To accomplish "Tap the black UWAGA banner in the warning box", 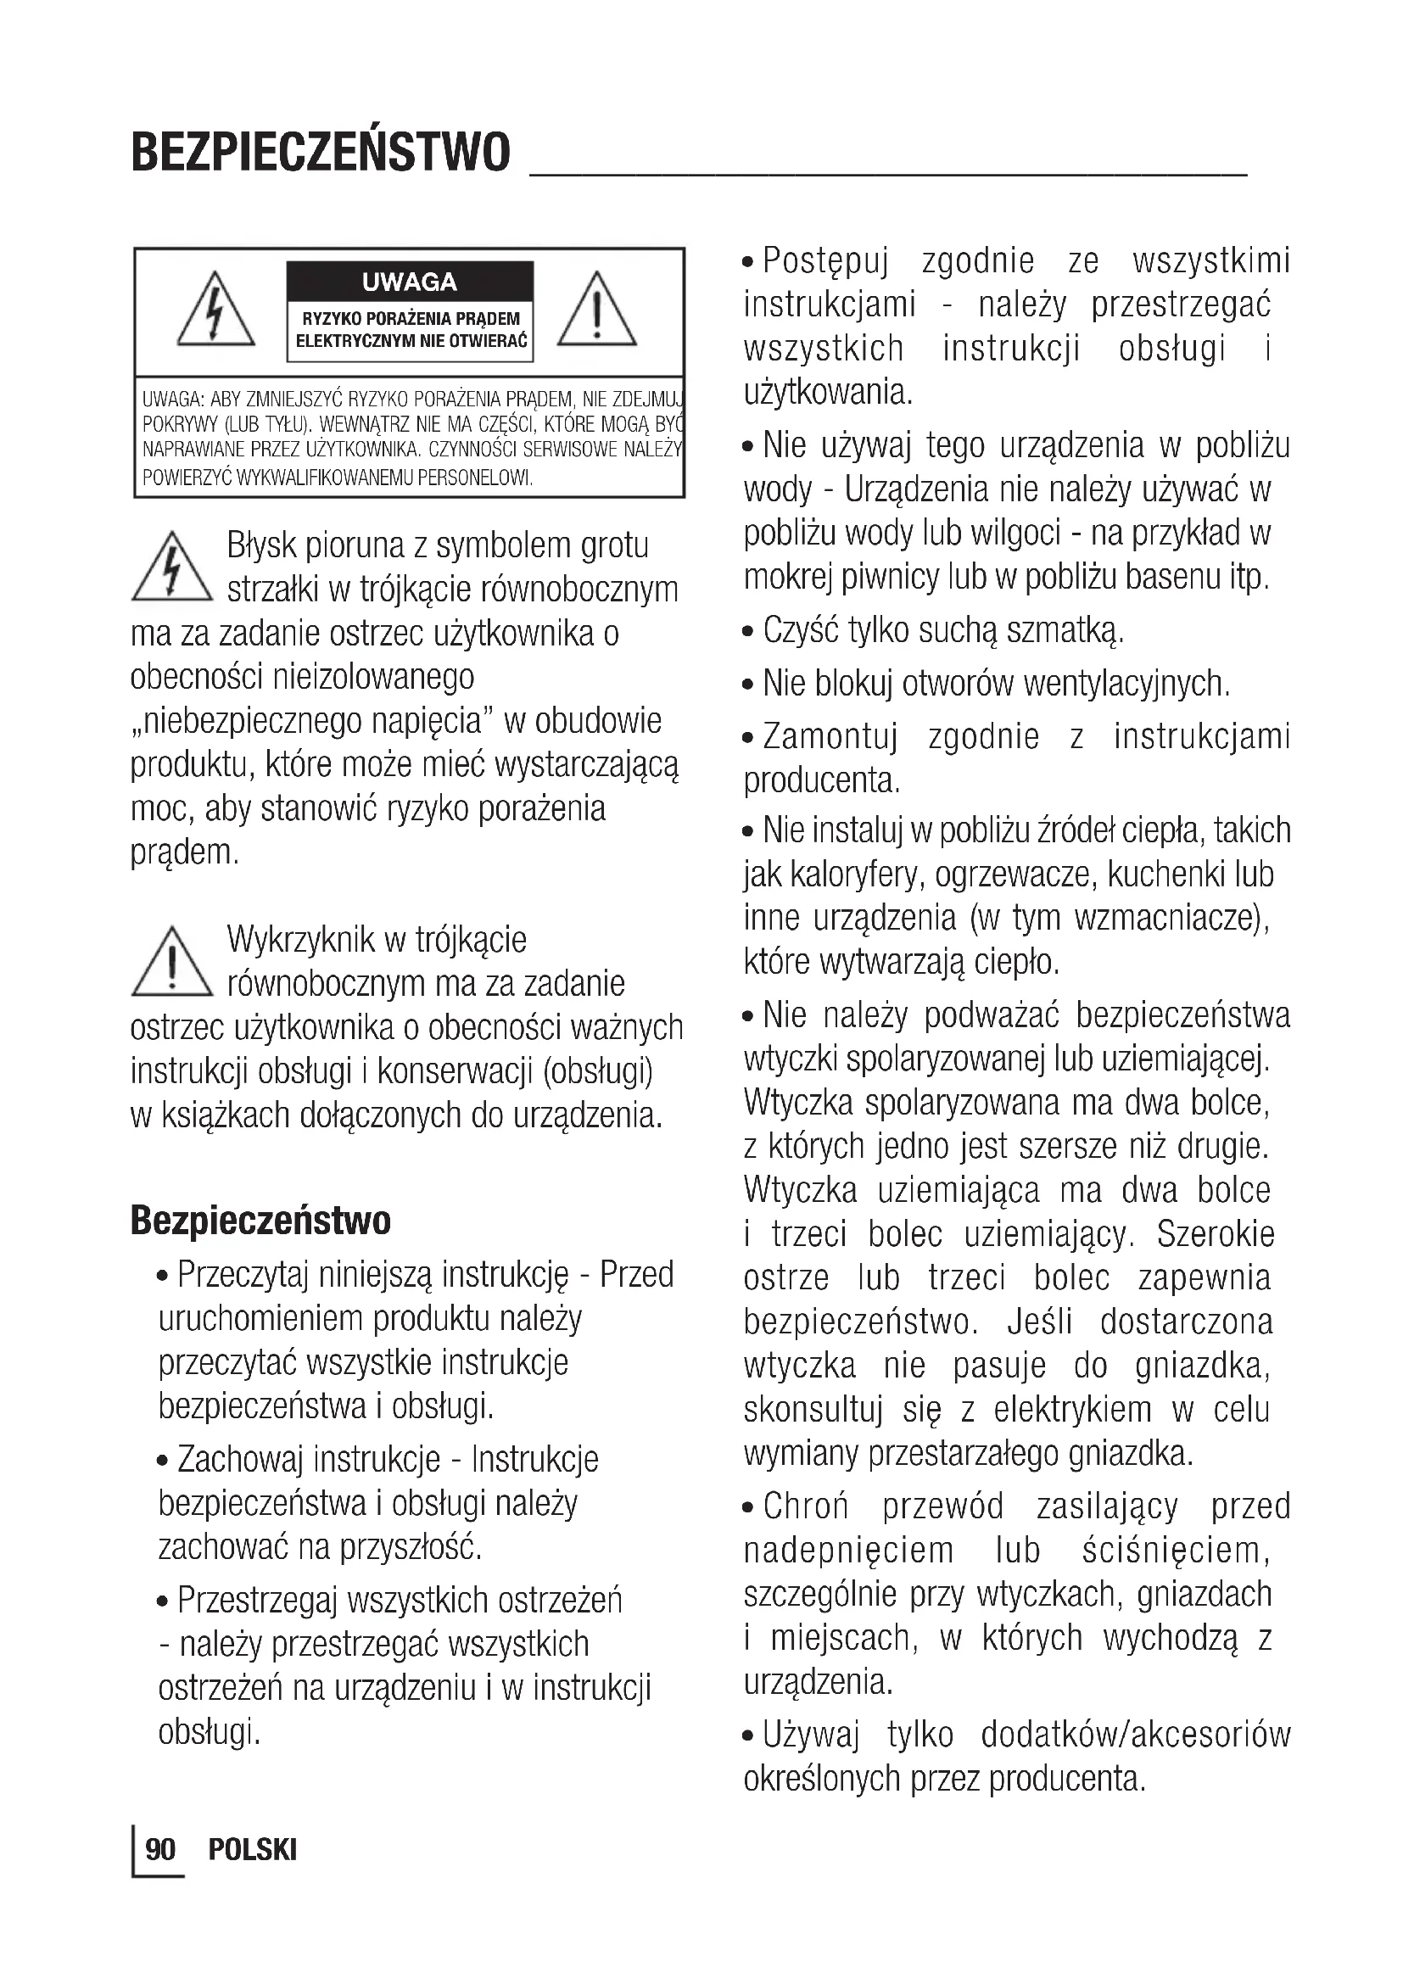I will (x=410, y=282).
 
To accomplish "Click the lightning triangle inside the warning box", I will (x=215, y=310).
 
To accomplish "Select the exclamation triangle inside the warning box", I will (x=597, y=310).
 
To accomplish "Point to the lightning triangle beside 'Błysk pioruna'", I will (x=172, y=567).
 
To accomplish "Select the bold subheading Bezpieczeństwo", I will (x=260, y=1220).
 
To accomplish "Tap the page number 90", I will (x=160, y=1849).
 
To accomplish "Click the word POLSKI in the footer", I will (x=252, y=1849).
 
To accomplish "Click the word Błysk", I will (x=262, y=545).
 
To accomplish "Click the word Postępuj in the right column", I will (x=825, y=261).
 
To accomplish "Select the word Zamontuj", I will (x=830, y=737).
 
